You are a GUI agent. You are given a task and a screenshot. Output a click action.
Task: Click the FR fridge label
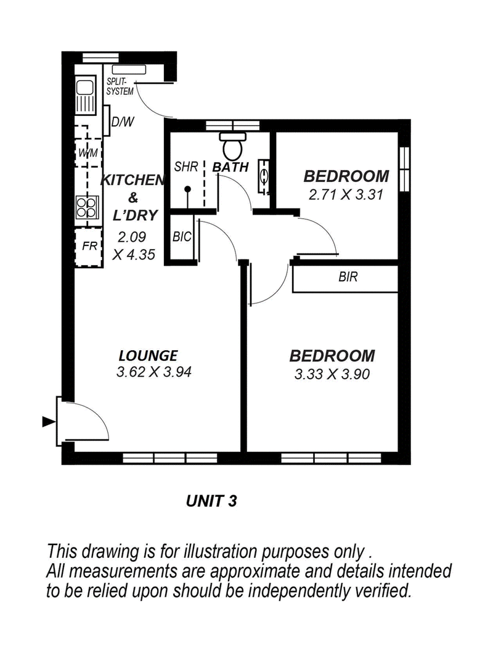tap(89, 246)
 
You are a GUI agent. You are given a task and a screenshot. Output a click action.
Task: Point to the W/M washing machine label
tap(88, 154)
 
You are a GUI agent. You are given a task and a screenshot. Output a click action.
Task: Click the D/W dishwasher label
tap(123, 122)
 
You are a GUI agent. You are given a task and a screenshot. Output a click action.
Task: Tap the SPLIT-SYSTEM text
tap(120, 87)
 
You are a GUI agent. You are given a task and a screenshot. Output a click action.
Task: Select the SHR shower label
tap(186, 167)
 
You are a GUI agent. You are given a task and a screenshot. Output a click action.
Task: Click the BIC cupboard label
tap(182, 237)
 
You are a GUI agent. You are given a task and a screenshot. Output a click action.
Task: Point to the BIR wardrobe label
tap(348, 277)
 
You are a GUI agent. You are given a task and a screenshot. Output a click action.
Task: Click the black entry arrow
tap(49, 422)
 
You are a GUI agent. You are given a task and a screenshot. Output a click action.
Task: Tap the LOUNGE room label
tap(148, 355)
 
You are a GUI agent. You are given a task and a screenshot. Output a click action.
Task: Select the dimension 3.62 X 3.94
tap(154, 372)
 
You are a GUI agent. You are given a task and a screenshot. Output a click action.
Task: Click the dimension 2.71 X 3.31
tap(346, 194)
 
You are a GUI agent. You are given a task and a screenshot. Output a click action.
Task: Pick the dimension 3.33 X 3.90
tap(332, 374)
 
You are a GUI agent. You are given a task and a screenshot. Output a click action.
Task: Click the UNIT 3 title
tap(211, 501)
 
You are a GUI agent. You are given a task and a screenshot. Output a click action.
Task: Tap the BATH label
tap(230, 167)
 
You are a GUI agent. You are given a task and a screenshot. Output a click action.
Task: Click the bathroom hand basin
tap(264, 176)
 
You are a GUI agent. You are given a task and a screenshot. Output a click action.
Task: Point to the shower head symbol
tap(188, 190)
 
